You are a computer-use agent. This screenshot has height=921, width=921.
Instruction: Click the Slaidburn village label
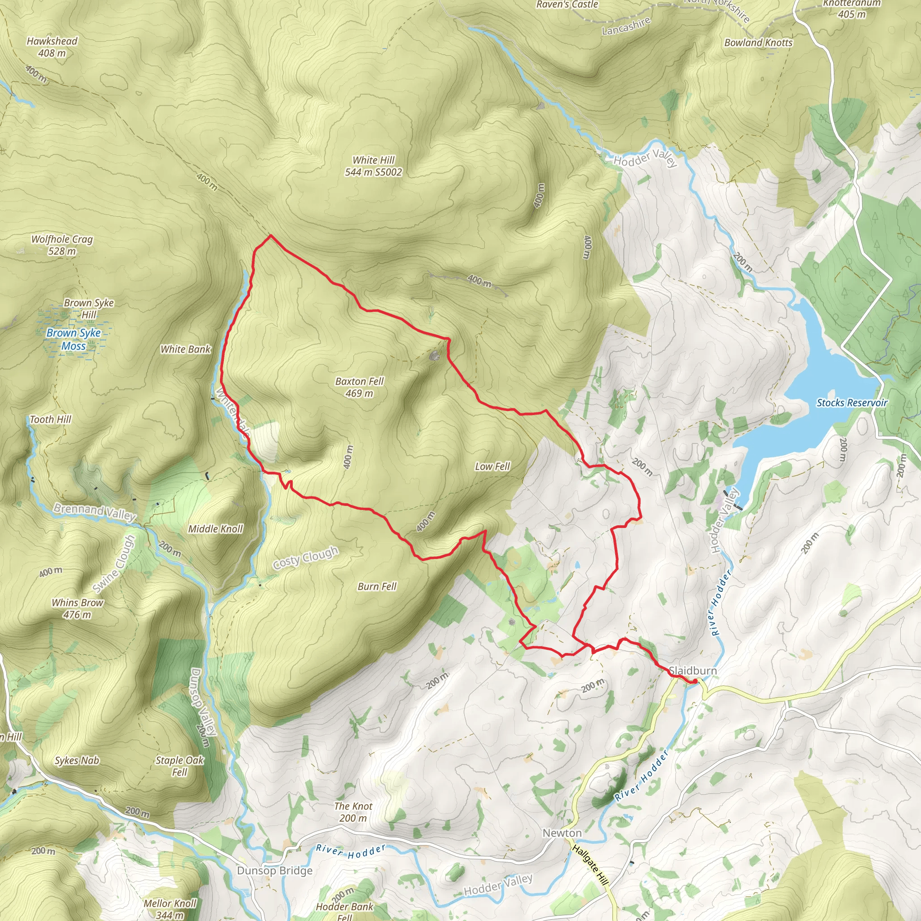(x=693, y=671)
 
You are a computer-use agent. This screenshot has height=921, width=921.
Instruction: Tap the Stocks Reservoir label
(x=852, y=403)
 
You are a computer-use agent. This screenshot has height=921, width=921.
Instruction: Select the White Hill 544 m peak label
(x=373, y=166)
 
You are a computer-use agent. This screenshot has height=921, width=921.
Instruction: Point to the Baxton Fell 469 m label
(x=359, y=387)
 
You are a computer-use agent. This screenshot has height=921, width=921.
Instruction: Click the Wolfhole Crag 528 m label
(x=62, y=245)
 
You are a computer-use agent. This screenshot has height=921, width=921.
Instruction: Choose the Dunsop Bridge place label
(x=275, y=871)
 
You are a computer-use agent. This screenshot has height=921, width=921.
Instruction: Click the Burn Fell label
(x=376, y=586)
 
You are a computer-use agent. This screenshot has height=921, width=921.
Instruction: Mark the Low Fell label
(x=492, y=466)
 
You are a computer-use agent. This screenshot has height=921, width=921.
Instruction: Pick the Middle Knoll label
(x=215, y=529)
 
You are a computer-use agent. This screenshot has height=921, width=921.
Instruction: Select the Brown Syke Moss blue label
(x=73, y=340)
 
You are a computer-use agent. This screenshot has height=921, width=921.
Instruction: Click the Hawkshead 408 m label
(x=52, y=47)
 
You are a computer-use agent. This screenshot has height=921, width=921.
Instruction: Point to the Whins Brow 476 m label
(x=77, y=608)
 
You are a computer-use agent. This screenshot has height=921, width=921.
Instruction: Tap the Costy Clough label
(x=305, y=558)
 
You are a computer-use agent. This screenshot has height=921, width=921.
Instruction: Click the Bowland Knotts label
(x=758, y=42)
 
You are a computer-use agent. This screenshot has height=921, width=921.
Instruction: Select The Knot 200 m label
(x=353, y=812)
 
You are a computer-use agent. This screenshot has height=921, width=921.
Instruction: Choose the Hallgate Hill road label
(x=590, y=865)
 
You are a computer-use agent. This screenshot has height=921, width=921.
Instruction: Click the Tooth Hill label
(x=50, y=420)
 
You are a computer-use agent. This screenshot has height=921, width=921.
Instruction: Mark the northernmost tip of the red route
(x=271, y=235)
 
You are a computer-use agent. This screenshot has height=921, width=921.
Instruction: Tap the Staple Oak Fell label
(x=179, y=765)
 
